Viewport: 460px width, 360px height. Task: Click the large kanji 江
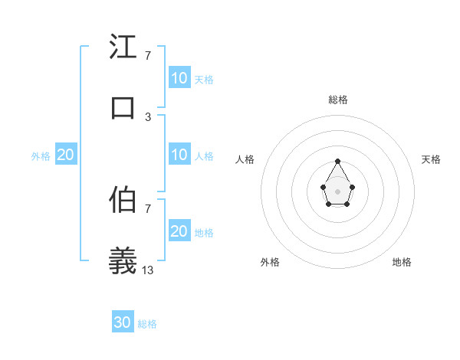coord(123,48)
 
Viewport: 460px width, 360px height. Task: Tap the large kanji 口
coord(123,107)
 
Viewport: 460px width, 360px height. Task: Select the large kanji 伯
coord(123,200)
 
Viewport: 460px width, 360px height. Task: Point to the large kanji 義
coord(123,260)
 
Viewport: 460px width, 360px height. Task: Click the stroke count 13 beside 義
coord(148,270)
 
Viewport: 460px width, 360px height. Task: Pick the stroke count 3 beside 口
coord(148,116)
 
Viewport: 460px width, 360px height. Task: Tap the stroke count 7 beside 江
coord(148,56)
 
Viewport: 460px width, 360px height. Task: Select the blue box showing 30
coord(123,322)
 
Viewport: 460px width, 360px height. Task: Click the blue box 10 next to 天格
coord(179,77)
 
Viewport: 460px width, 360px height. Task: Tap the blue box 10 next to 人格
coord(179,155)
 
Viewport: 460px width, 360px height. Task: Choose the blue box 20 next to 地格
coord(179,231)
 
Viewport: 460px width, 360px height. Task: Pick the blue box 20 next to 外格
coord(66,155)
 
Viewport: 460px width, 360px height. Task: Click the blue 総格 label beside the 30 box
coord(147,324)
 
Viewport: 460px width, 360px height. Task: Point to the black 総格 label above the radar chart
coord(337,100)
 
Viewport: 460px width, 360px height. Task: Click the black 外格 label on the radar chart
coord(270,262)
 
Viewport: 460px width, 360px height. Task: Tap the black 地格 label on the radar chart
coord(402,262)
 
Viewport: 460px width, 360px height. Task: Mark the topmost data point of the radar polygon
coord(337,161)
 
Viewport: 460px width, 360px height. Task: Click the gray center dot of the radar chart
coord(337,190)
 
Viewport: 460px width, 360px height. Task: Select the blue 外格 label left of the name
coord(41,156)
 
